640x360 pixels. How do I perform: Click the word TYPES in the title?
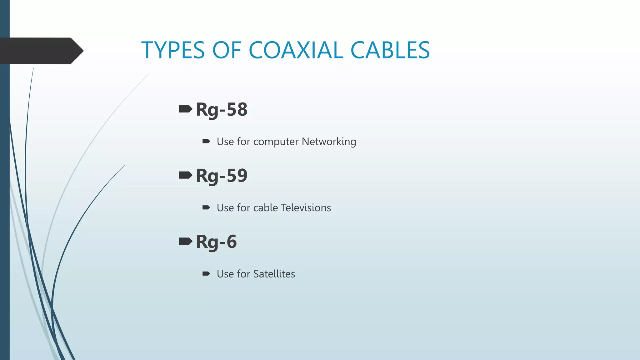pos(173,50)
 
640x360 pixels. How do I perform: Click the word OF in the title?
pos(227,50)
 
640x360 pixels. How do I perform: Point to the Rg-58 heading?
pos(222,110)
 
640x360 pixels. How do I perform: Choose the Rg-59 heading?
pos(222,176)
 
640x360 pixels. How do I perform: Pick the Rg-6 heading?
pos(216,242)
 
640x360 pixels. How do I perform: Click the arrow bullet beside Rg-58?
pos(186,109)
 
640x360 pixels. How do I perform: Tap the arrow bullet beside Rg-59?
pos(186,175)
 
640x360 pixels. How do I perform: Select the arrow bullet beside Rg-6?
pos(186,241)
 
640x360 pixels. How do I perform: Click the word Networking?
pos(329,142)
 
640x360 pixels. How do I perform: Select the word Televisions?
pos(306,208)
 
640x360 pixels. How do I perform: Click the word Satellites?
pos(274,274)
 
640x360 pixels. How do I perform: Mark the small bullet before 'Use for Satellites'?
pos(206,274)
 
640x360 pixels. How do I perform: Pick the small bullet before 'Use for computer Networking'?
pos(206,142)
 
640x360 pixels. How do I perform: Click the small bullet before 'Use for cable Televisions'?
pos(206,207)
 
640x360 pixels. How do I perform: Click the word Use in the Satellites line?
pos(225,274)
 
